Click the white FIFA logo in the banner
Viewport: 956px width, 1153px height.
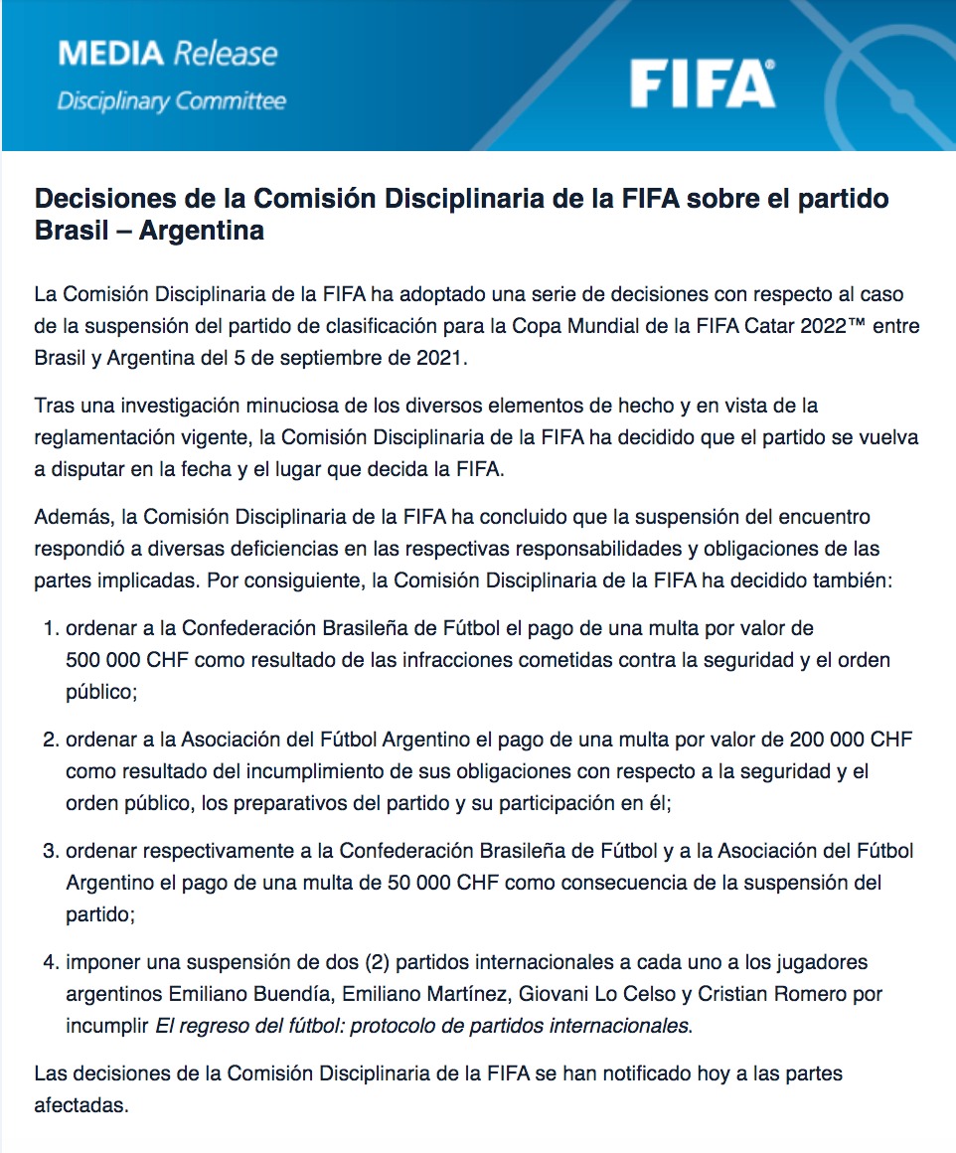[702, 82]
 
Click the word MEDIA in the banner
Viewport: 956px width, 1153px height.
[111, 54]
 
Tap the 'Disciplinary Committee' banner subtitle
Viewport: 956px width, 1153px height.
[171, 100]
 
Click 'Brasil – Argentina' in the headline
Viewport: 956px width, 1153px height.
[149, 231]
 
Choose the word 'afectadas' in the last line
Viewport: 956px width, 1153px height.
[81, 1104]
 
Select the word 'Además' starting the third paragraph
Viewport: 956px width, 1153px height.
[70, 518]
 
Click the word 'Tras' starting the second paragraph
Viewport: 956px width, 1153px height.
[52, 407]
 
